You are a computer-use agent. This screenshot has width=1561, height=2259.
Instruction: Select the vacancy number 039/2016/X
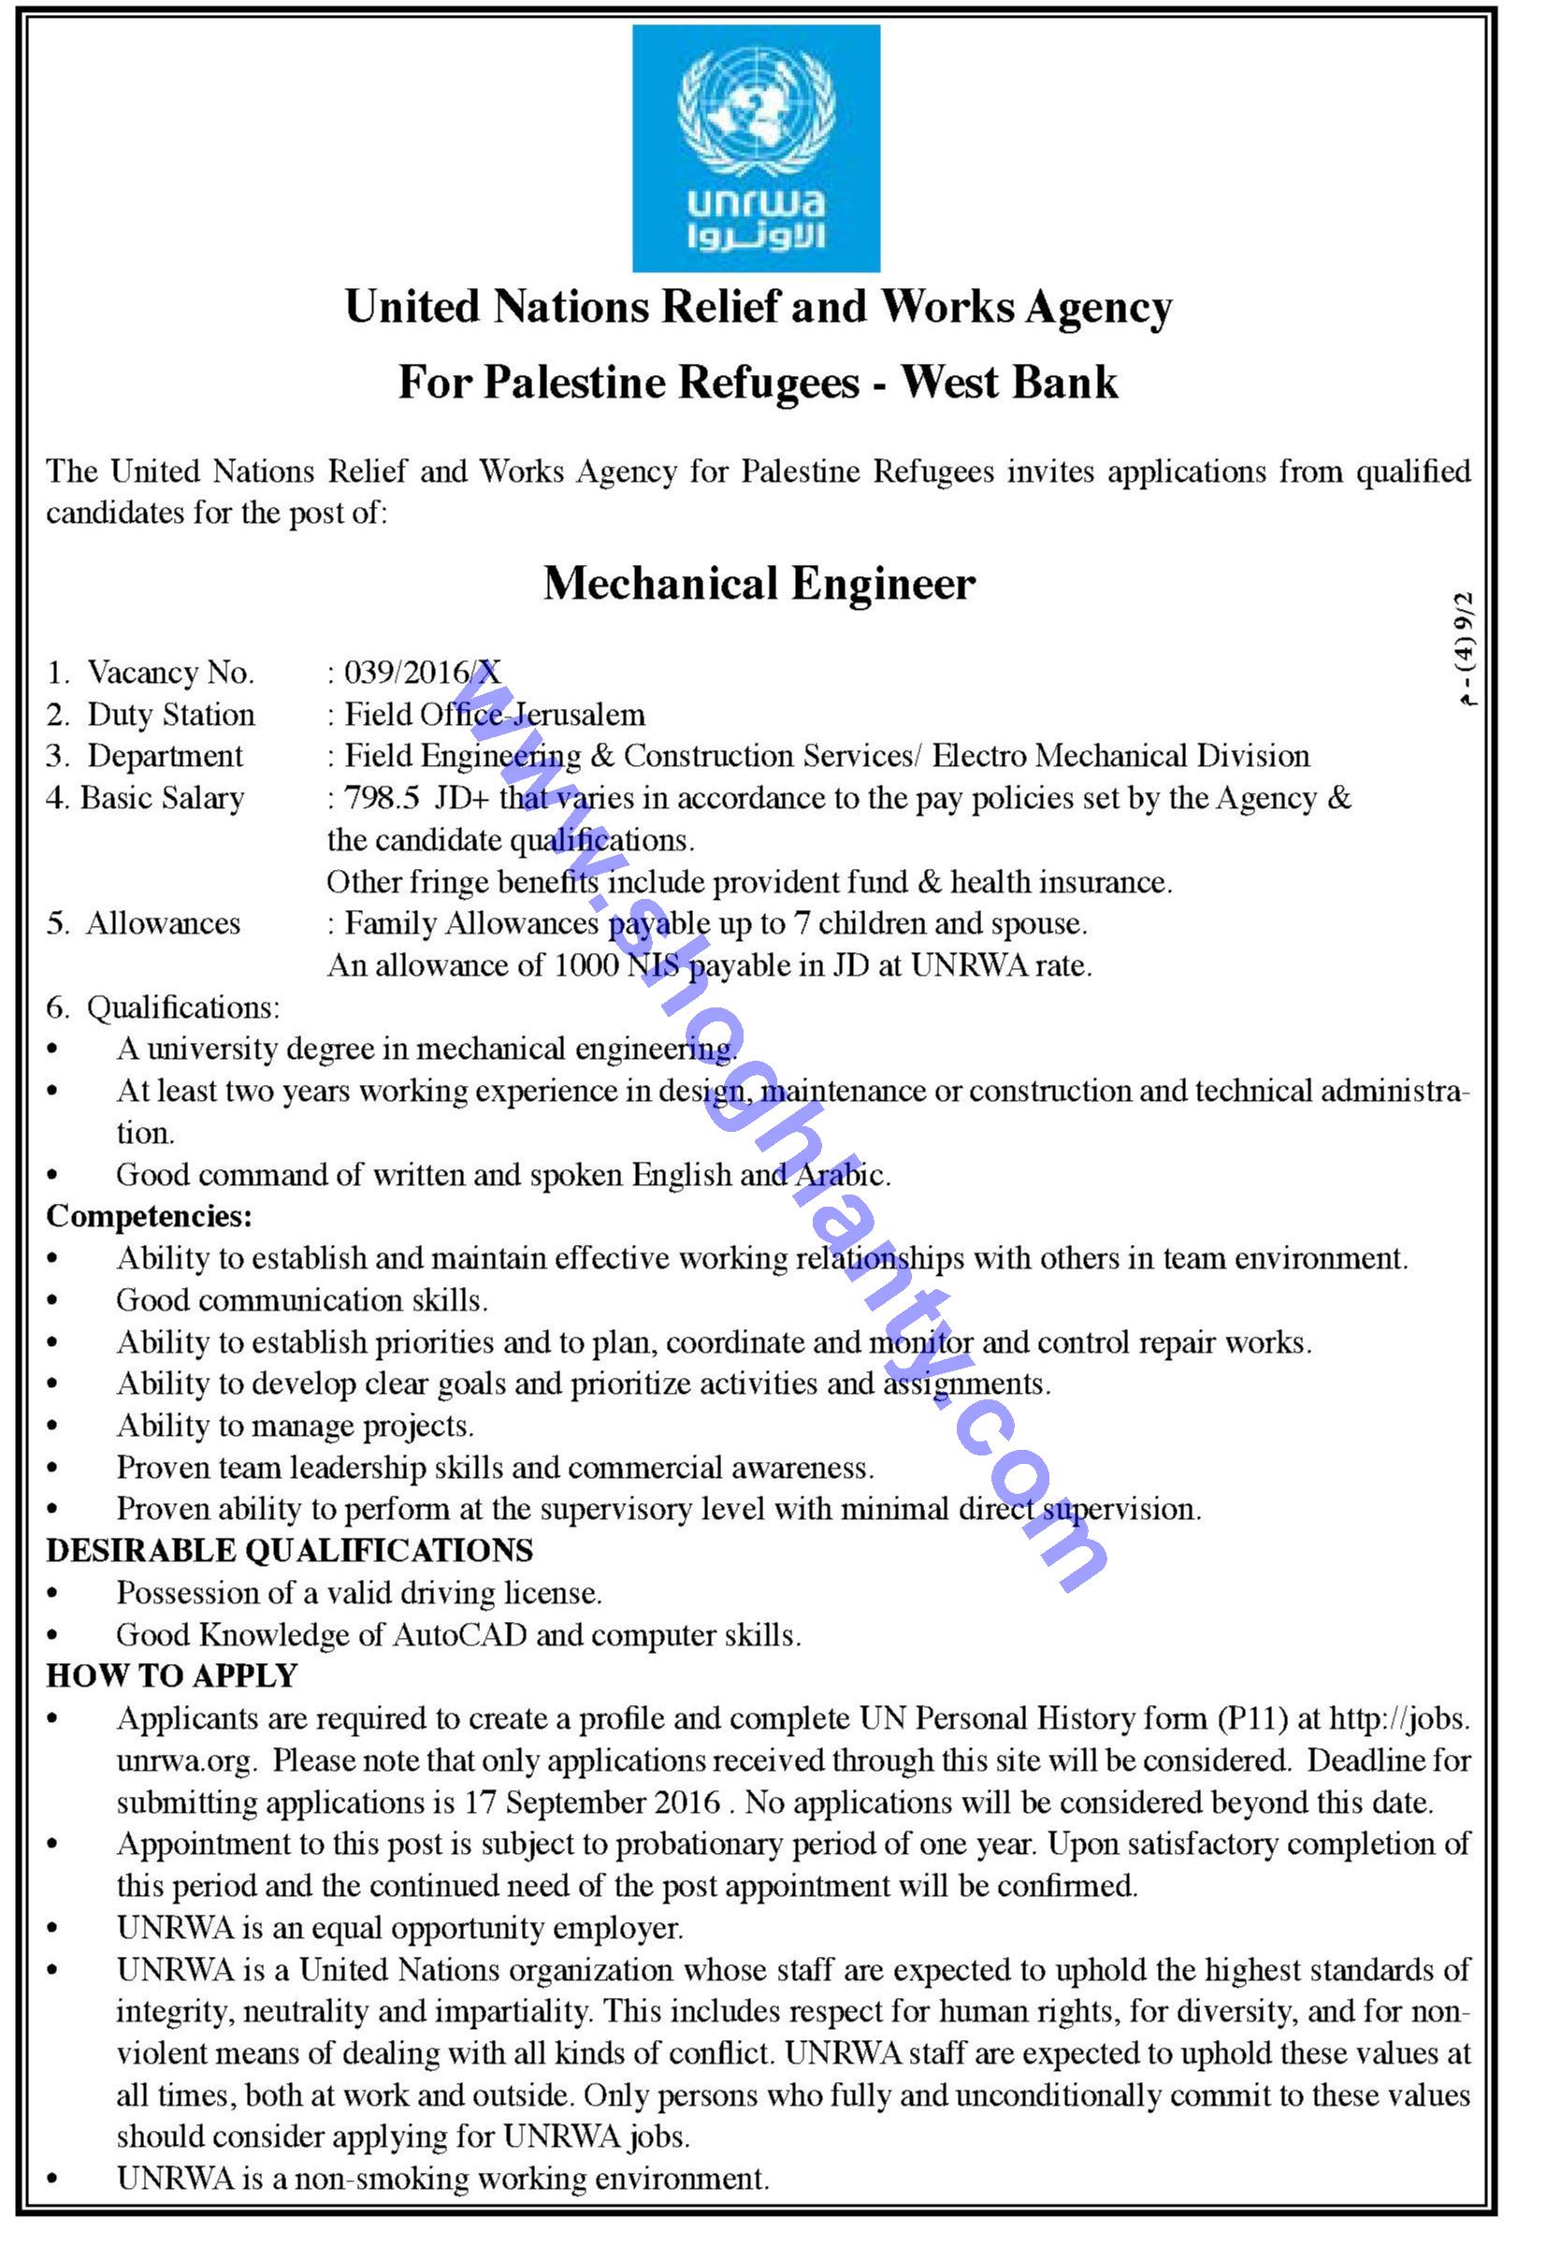coord(423,673)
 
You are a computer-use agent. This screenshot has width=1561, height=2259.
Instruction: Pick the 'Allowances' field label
coord(163,924)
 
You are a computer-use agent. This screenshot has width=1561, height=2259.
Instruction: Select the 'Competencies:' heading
coord(150,1217)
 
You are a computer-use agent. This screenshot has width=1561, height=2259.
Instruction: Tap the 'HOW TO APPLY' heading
coord(171,1676)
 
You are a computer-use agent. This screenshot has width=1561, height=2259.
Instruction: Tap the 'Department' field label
coord(165,757)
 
